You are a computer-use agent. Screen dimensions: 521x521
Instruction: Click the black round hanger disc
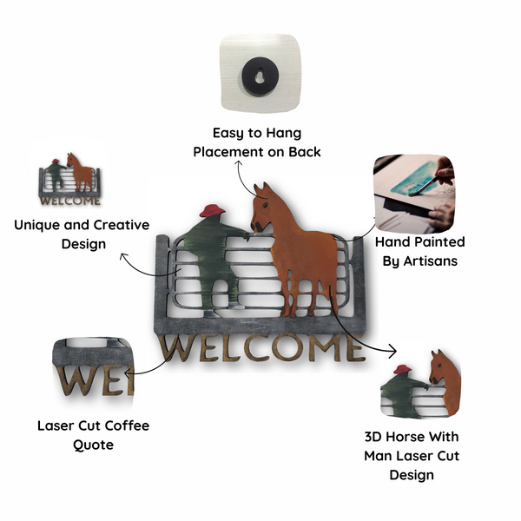click(260, 76)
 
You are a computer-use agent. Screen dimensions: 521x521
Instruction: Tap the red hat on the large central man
click(212, 211)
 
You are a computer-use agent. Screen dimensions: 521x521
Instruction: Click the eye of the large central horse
click(266, 205)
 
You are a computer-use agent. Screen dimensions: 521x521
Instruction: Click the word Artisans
click(431, 261)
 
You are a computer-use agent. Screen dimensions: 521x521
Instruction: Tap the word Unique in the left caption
click(36, 226)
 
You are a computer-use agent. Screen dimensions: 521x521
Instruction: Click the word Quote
click(94, 445)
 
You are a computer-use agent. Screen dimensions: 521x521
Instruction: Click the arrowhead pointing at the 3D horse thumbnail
click(393, 351)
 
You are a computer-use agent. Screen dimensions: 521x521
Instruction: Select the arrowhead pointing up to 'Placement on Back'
click(238, 163)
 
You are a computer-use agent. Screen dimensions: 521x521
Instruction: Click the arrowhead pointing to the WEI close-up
click(127, 373)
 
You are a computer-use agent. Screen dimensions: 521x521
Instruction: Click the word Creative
click(122, 225)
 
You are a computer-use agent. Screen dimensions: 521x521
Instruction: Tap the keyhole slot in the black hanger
click(260, 76)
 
